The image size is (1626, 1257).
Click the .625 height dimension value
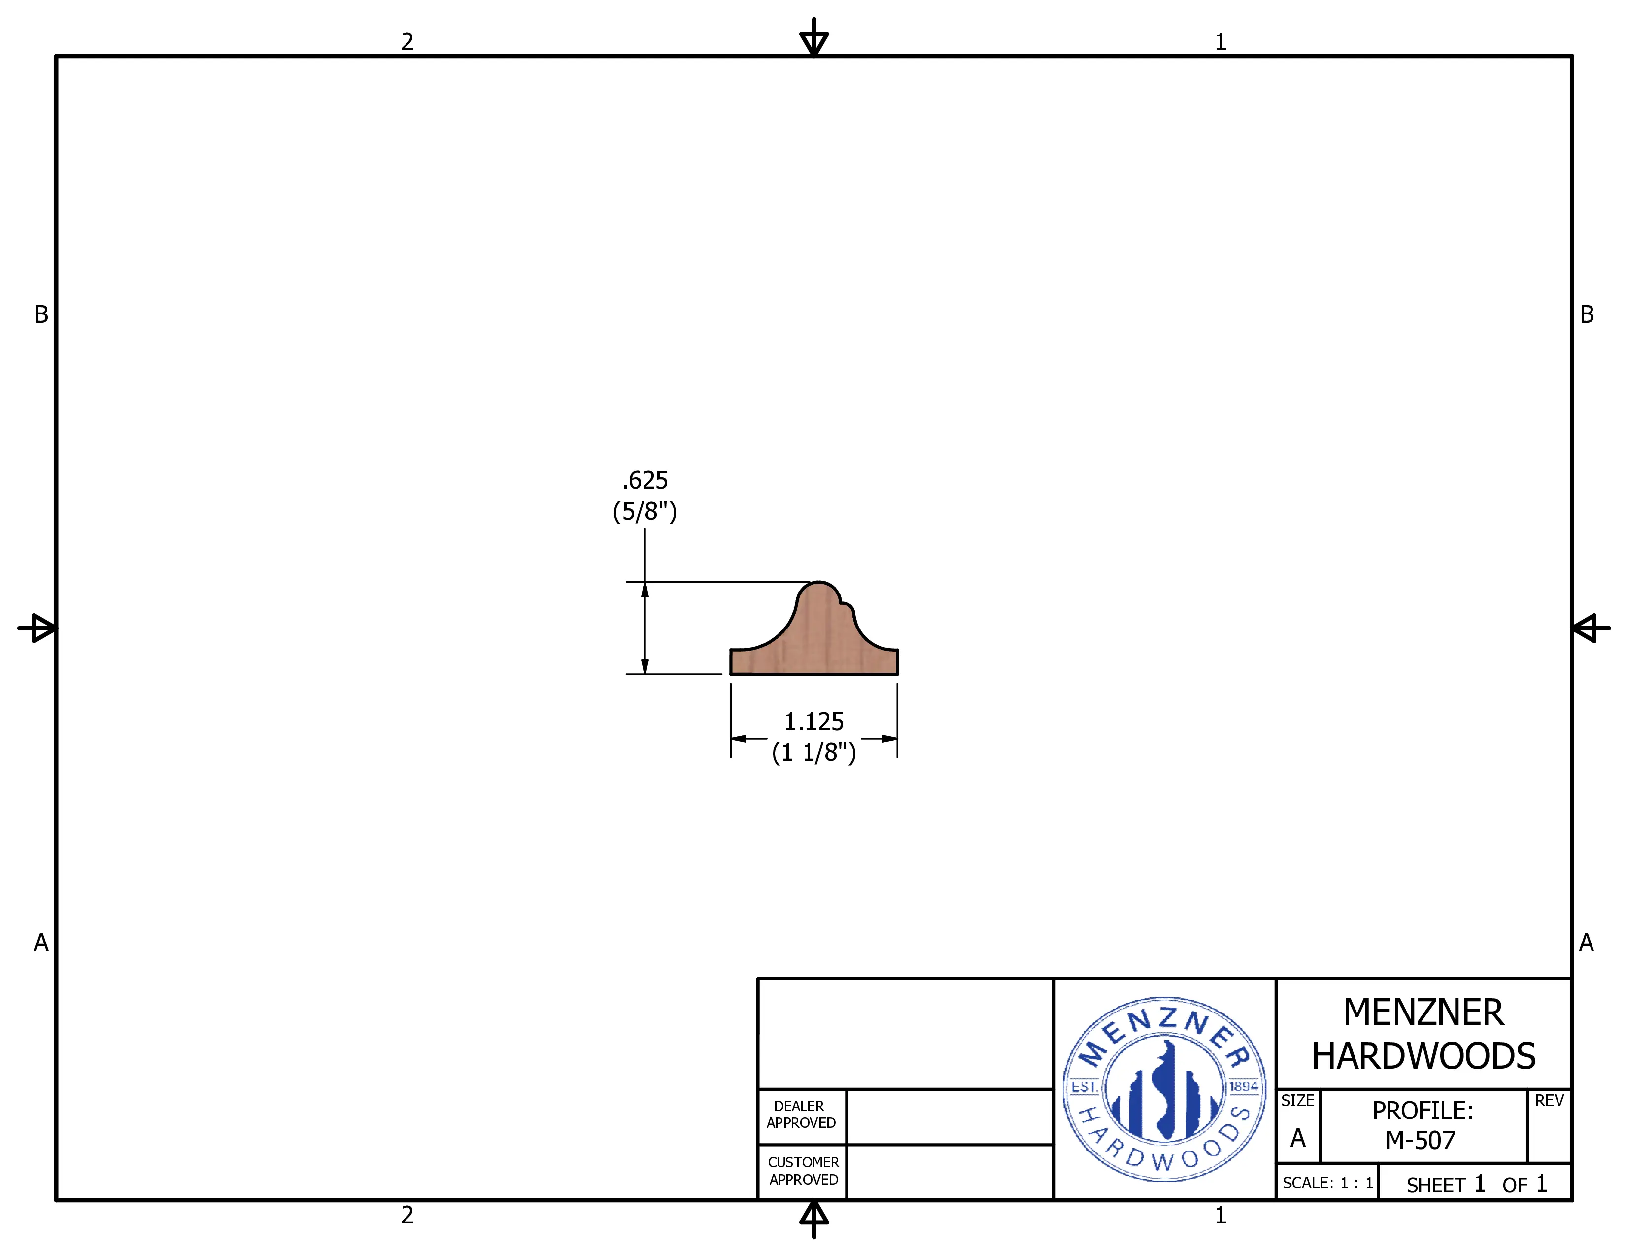coord(645,480)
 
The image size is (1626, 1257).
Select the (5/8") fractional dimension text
coord(645,512)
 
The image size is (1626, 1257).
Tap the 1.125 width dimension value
coord(814,722)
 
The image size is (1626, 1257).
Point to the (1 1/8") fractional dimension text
coord(814,752)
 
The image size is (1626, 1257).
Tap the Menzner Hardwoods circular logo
coord(1164,1089)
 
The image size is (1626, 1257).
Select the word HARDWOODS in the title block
coord(1423,1056)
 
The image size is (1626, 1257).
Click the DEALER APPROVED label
coord(800,1115)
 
